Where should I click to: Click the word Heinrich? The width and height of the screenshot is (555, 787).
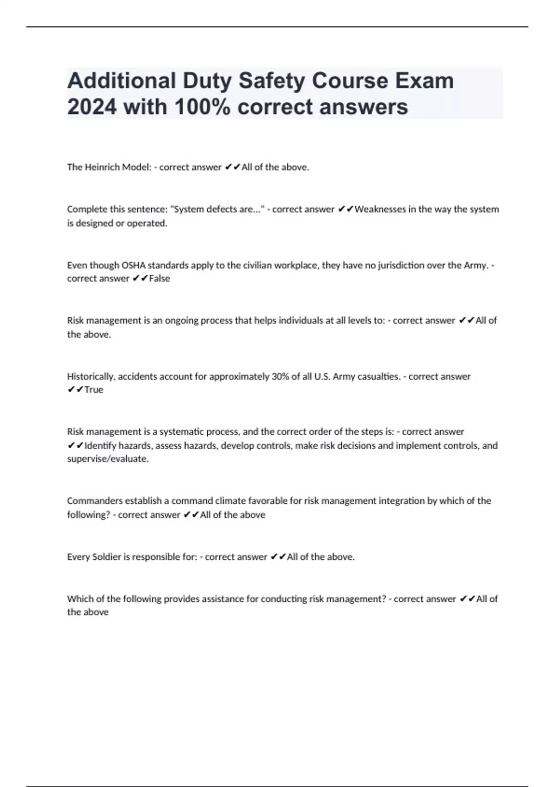click(x=102, y=167)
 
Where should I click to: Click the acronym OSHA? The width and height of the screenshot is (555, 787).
click(x=133, y=265)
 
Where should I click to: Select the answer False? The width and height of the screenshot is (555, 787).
click(x=160, y=279)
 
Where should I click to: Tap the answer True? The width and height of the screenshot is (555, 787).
click(x=94, y=390)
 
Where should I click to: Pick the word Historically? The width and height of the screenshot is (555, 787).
click(x=91, y=376)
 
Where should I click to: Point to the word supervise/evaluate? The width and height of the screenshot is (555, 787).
click(x=108, y=459)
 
